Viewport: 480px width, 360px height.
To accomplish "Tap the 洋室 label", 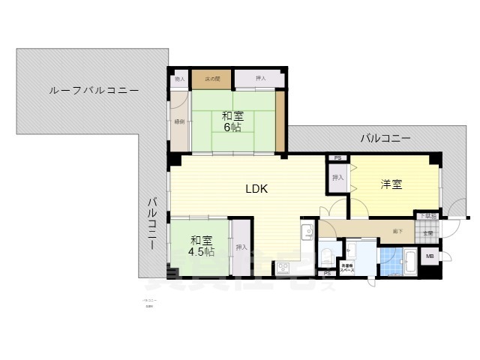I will coord(391,184).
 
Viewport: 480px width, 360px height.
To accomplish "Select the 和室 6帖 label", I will coord(232,121).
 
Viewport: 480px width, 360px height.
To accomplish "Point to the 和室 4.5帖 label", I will coord(200,246).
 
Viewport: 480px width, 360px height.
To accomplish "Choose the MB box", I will coord(430,257).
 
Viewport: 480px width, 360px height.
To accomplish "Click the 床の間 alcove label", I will coord(211,78).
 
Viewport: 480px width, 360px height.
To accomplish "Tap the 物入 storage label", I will coord(179,78).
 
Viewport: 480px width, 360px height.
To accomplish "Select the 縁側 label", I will coord(179,121).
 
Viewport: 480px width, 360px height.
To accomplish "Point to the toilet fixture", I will coord(325,257).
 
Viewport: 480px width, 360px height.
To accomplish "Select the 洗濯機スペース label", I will coord(347,267).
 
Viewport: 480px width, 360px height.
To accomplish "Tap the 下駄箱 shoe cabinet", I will coord(427,216).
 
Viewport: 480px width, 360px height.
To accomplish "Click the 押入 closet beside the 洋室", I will coord(337,178).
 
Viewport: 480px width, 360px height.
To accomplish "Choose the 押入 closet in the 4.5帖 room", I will coord(241,247).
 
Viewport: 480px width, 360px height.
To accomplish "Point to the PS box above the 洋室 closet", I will coord(337,158).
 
